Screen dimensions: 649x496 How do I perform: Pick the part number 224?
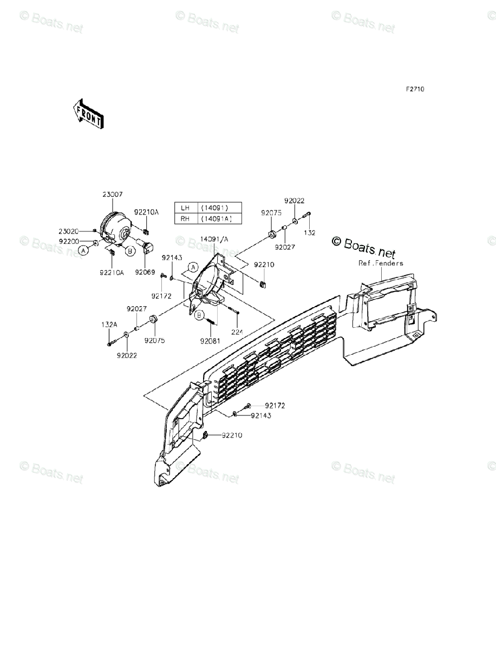237,331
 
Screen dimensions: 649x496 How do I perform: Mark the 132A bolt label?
109,325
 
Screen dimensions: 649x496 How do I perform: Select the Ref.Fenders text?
381,263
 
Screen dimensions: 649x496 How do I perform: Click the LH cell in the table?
185,208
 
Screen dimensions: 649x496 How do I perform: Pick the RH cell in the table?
185,218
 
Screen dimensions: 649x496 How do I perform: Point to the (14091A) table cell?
214,218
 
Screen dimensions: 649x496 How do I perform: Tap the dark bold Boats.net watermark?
363,246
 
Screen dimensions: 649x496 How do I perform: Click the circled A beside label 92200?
83,250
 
